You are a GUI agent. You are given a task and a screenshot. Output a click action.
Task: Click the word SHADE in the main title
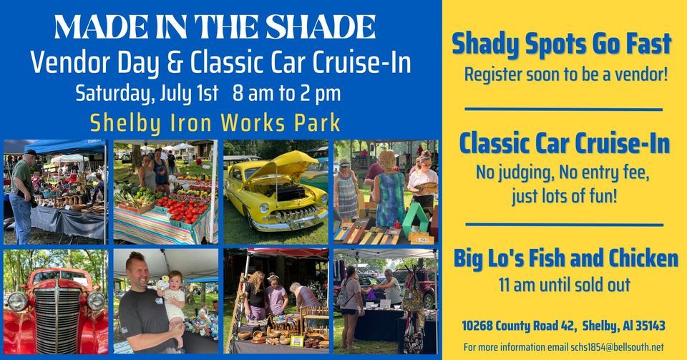click(314, 27)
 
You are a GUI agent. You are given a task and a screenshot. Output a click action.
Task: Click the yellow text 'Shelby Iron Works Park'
click(215, 122)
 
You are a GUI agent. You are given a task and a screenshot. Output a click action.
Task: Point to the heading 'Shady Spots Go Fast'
click(562, 44)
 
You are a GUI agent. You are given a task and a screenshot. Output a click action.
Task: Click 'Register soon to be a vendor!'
click(565, 74)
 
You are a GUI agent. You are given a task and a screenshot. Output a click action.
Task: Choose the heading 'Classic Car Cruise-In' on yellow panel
click(565, 144)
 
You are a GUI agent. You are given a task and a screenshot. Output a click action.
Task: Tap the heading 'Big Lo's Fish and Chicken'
click(565, 258)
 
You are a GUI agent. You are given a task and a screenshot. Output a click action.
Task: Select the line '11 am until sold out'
click(565, 285)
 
